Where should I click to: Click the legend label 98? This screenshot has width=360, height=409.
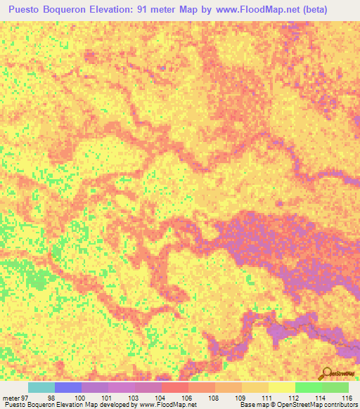[x=51, y=398]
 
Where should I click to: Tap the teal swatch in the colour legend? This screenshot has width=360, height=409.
[x=41, y=387]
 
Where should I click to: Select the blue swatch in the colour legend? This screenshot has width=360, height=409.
[x=68, y=387]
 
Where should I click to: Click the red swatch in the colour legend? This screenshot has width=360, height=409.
[x=175, y=387]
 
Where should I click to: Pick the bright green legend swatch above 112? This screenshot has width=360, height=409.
[x=308, y=387]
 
